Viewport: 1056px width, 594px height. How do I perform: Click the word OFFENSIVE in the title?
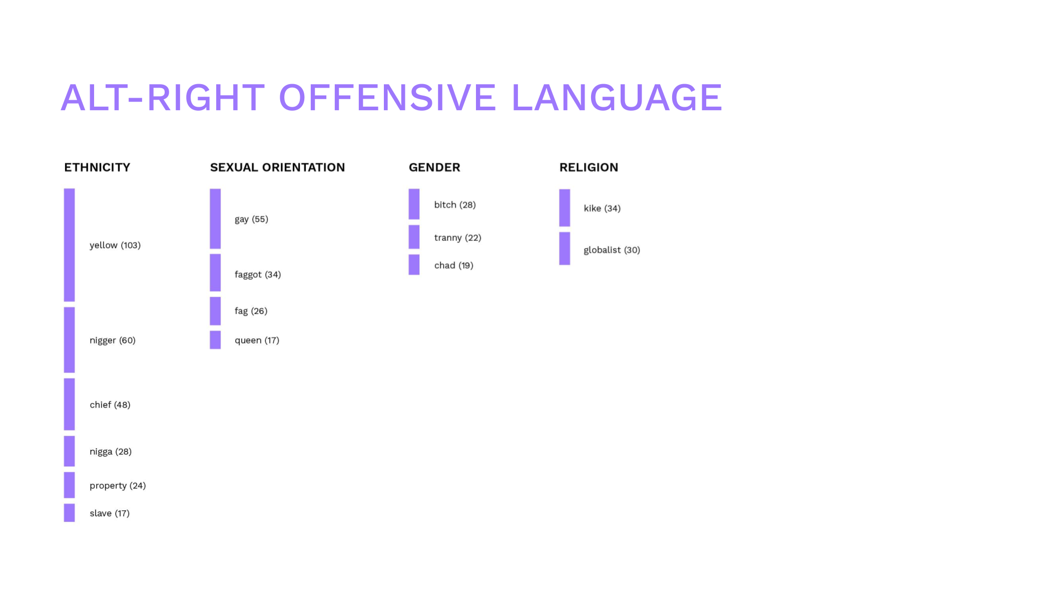pos(387,97)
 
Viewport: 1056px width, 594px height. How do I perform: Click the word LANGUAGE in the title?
pos(617,97)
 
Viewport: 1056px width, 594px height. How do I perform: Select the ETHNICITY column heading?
pos(97,167)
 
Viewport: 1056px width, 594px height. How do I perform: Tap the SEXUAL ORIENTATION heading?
pos(277,167)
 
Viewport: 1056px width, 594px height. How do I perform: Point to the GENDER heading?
pos(434,167)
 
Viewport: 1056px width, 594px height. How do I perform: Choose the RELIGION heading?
pos(589,167)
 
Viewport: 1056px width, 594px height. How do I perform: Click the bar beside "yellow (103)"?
pos(70,245)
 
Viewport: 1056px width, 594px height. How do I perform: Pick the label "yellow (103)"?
pos(115,245)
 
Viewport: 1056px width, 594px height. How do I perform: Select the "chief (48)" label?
pos(110,405)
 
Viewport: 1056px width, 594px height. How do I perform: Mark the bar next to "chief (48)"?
pos(70,404)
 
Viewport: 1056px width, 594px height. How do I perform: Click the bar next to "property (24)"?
pos(70,485)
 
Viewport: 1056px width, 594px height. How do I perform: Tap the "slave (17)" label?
pos(110,513)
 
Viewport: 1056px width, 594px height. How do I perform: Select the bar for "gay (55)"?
pos(215,219)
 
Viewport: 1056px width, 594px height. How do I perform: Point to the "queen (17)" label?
pos(257,341)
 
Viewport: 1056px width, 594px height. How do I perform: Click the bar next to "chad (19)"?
pos(414,265)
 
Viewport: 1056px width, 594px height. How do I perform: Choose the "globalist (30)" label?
pos(612,250)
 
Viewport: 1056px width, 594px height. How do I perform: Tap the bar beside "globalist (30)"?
pos(565,248)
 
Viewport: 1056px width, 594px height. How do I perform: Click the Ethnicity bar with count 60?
pos(70,340)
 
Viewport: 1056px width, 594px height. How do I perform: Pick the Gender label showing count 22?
pos(457,238)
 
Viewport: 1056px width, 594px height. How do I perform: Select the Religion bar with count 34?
pos(565,208)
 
